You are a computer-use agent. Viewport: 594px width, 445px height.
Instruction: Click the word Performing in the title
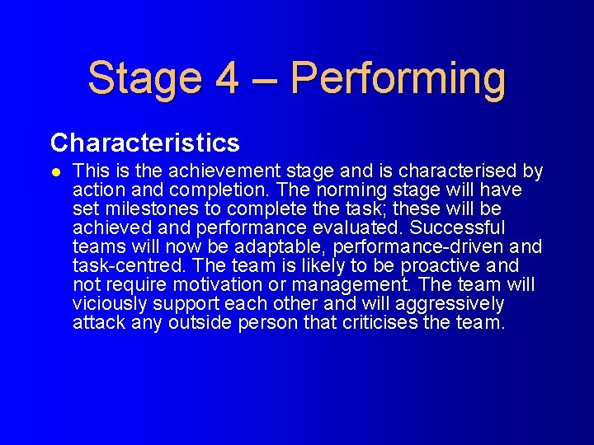pyautogui.click(x=398, y=78)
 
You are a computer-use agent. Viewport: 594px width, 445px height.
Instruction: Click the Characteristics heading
pyautogui.click(x=144, y=143)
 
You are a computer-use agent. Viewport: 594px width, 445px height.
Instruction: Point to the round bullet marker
pyautogui.click(x=55, y=172)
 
